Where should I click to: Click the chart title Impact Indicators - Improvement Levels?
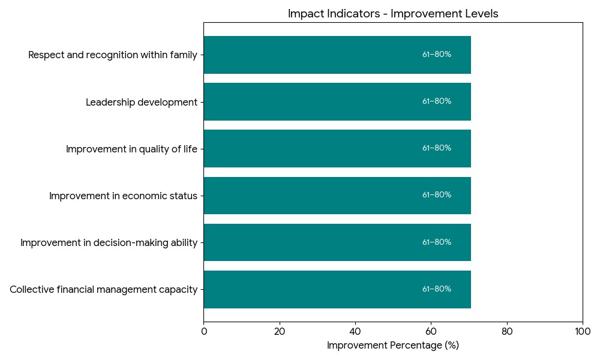(393, 14)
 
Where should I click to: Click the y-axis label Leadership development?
(142, 102)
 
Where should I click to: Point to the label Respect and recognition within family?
(113, 55)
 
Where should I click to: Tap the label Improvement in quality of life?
(131, 149)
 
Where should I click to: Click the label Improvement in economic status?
(123, 196)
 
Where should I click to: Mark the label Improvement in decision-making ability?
(109, 242)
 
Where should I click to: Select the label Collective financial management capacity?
(103, 290)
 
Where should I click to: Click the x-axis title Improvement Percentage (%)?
(393, 346)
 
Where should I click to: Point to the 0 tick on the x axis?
(204, 331)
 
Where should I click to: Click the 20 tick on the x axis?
(280, 331)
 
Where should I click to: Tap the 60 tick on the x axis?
(431, 331)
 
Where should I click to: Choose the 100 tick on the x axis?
(582, 331)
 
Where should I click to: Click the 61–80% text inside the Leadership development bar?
(437, 101)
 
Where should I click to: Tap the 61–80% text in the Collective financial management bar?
(437, 289)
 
